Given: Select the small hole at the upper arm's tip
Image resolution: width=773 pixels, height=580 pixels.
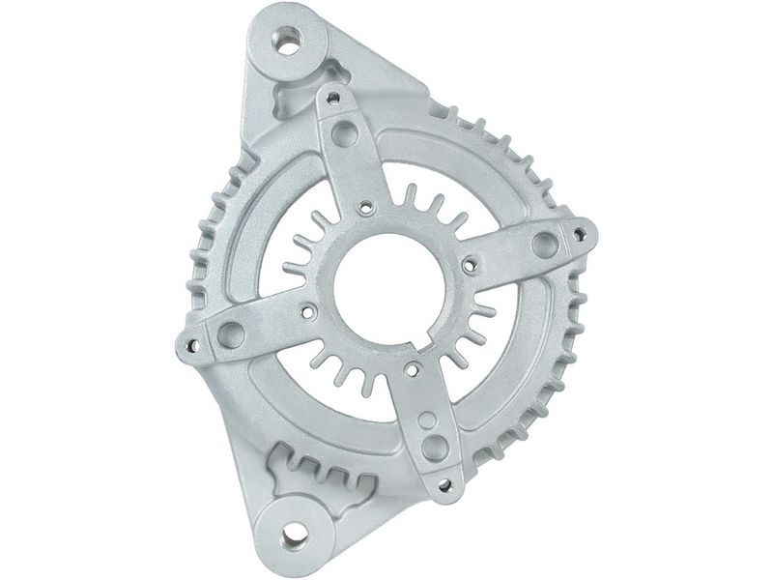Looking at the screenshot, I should pos(333,98).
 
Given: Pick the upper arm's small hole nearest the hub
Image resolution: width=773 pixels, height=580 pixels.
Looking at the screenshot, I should pos(367,206).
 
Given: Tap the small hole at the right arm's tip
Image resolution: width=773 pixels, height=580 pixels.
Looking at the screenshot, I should pos(579,233).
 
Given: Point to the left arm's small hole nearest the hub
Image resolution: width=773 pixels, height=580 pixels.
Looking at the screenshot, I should pos(306,313).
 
